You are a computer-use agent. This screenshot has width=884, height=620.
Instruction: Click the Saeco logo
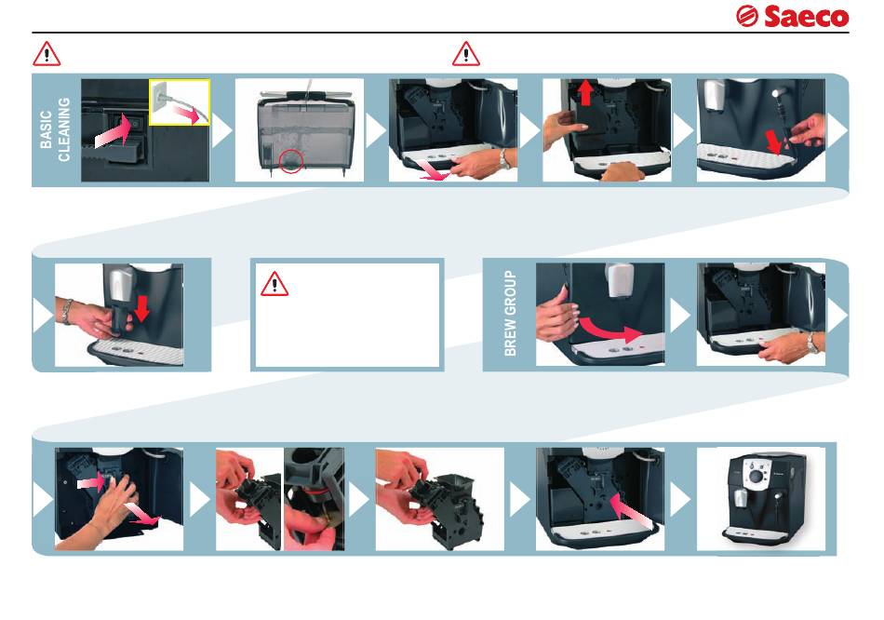pyautogui.click(x=792, y=17)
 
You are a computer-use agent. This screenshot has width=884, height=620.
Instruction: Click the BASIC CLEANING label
pyautogui.click(x=55, y=129)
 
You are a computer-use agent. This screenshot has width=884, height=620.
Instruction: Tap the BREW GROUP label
pyautogui.click(x=510, y=313)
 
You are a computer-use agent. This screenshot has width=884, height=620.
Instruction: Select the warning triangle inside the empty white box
pyautogui.click(x=275, y=284)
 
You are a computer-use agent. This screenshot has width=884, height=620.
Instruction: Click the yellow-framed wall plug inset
pyautogui.click(x=180, y=102)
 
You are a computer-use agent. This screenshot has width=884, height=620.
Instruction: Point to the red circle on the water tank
pyautogui.click(x=291, y=161)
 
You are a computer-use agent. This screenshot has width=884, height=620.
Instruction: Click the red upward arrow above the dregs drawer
pyautogui.click(x=585, y=92)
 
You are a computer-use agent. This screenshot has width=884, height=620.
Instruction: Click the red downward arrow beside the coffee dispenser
pyautogui.click(x=141, y=308)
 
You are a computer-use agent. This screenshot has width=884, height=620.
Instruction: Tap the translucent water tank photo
pyautogui.click(x=300, y=130)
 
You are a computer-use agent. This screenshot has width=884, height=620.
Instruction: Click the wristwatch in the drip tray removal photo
pyautogui.click(x=504, y=159)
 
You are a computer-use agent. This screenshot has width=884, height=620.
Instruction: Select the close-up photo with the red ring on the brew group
pyautogui.click(x=314, y=499)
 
